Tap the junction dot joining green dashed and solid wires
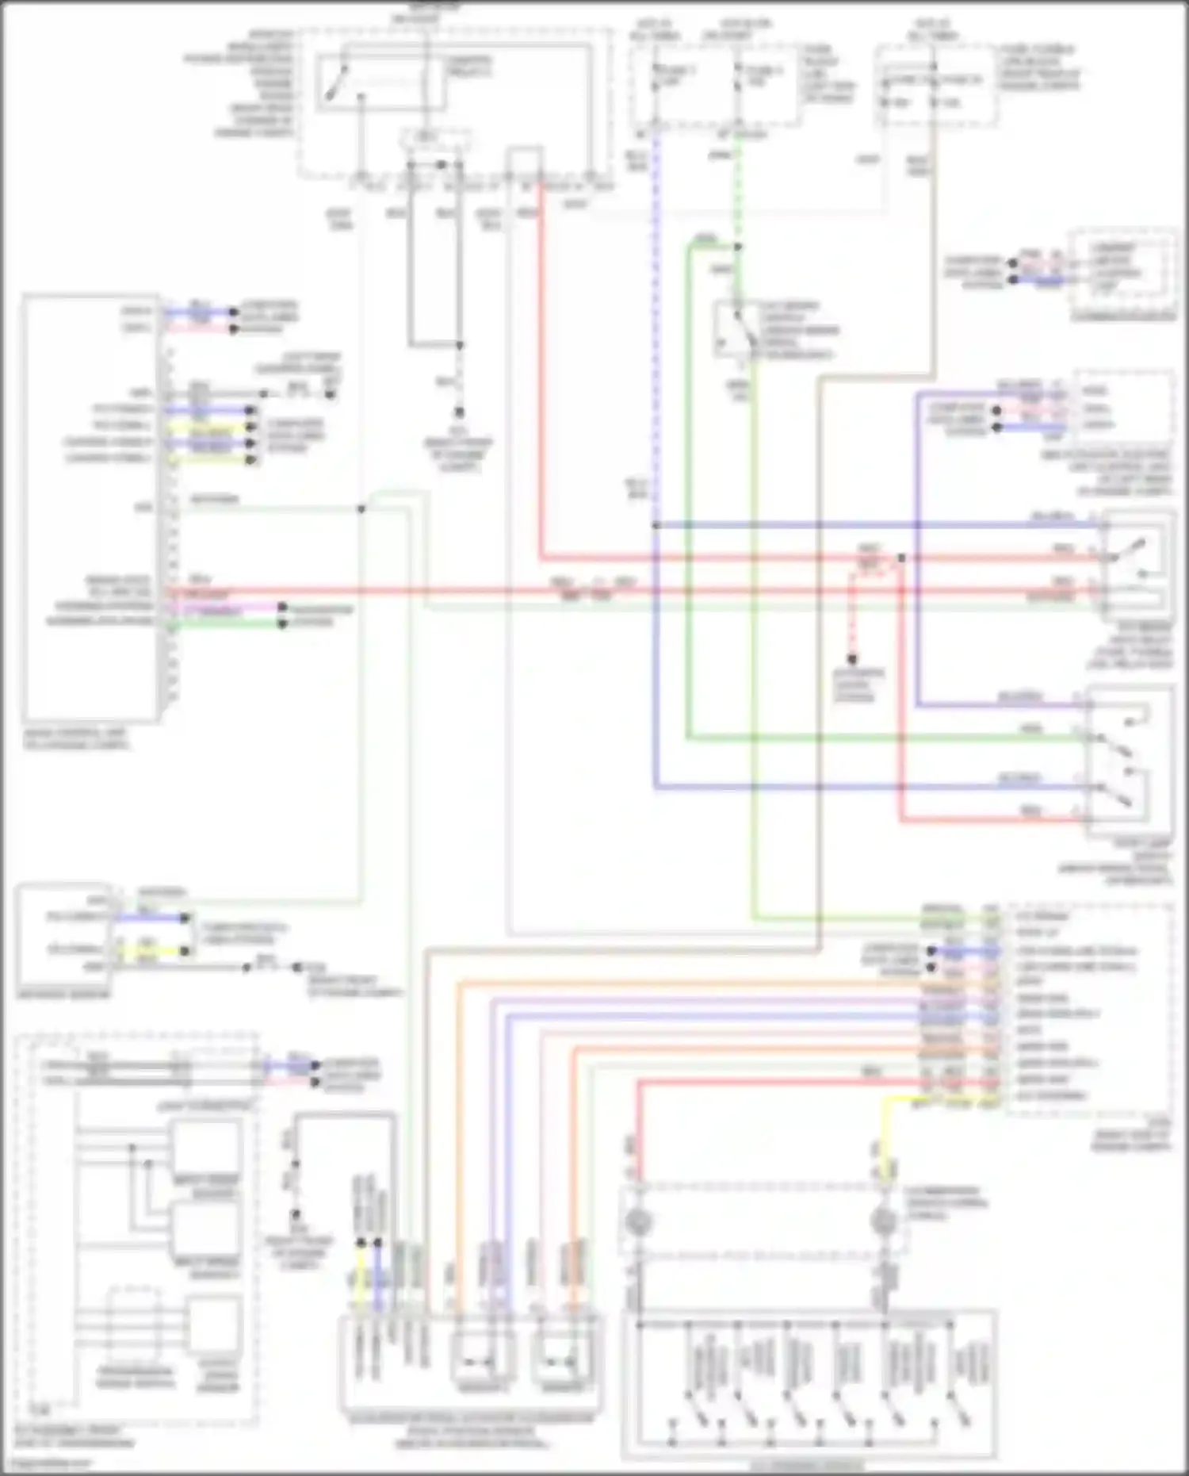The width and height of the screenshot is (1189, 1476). point(737,247)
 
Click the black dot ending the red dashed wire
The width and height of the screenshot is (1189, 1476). point(852,659)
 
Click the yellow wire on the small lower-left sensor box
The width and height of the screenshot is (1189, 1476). point(151,950)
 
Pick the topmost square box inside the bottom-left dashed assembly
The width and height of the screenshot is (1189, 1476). point(206,1147)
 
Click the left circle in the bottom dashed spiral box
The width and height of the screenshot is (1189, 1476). point(638,1222)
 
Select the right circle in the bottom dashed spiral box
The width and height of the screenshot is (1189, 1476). point(882,1222)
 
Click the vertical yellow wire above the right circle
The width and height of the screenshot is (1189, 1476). point(885,1134)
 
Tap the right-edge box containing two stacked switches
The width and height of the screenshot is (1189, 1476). point(1130,761)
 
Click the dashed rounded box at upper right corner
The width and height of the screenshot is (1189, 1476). point(1122,274)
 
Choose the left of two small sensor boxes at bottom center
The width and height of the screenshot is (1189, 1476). point(481,1361)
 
